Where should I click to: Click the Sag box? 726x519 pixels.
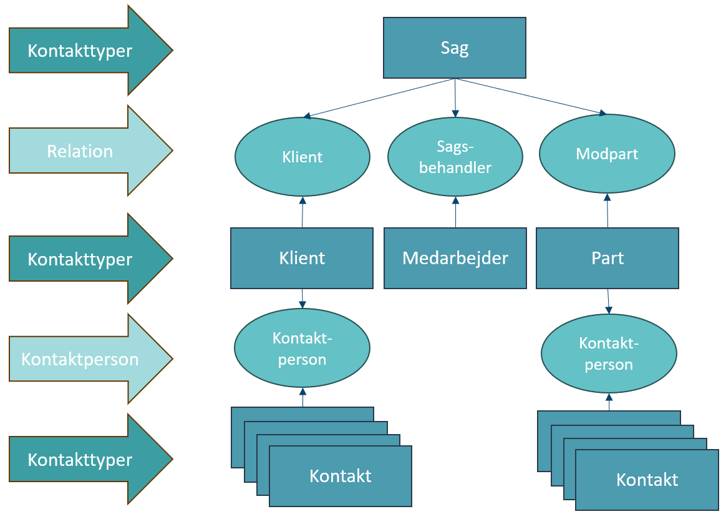[x=454, y=48]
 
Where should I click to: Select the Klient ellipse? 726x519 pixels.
[x=302, y=156]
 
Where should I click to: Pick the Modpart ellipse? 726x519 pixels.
[x=607, y=154]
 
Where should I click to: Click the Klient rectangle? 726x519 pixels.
[x=302, y=258]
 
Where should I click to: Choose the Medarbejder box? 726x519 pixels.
[x=455, y=258]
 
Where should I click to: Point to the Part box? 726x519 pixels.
[x=607, y=258]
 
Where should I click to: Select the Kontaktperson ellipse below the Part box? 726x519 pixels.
[x=609, y=353]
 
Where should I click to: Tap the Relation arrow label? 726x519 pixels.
[x=80, y=151]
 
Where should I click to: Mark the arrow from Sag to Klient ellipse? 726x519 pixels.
[x=380, y=98]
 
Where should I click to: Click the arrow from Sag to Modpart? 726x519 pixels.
[x=530, y=97]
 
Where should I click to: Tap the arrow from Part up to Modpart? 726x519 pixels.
[x=607, y=210]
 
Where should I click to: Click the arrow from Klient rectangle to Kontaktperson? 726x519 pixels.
[x=302, y=299]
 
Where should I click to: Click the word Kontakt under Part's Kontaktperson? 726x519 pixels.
[x=647, y=480]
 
